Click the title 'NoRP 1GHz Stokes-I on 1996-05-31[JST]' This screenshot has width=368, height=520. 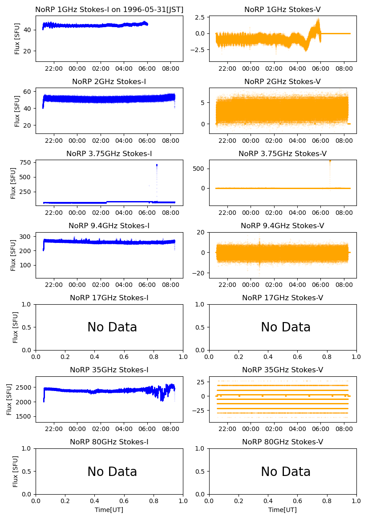109,9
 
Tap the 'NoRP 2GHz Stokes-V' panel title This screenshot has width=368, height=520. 283,81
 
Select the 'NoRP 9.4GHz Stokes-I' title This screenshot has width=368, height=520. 109,226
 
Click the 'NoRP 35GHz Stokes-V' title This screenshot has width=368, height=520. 283,370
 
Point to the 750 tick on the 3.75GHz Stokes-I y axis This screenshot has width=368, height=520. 26,162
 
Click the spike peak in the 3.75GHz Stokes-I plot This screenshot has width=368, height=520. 157,165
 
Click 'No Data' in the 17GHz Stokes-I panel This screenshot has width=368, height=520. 112,327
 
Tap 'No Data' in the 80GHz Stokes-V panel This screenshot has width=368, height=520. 286,472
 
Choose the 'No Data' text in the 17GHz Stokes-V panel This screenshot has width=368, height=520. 286,327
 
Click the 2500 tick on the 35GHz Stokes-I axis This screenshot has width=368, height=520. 24,387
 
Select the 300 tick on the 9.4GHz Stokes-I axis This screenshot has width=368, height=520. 26,236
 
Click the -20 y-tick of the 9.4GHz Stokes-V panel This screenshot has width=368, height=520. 199,273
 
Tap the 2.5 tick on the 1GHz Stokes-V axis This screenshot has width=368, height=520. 199,18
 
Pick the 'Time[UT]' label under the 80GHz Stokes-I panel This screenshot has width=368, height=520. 109,510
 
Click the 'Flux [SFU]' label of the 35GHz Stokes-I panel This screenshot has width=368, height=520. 10,399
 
